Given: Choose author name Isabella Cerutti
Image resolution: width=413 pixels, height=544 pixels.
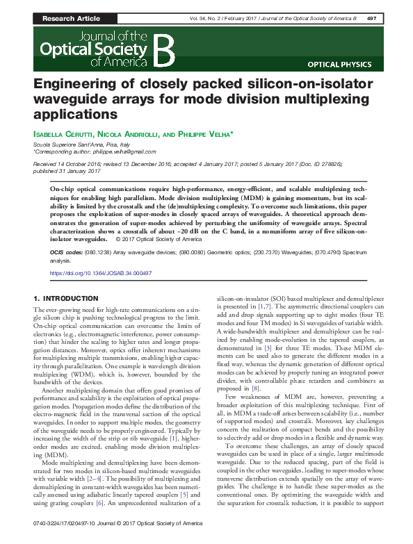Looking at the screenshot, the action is (x=63, y=133).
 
